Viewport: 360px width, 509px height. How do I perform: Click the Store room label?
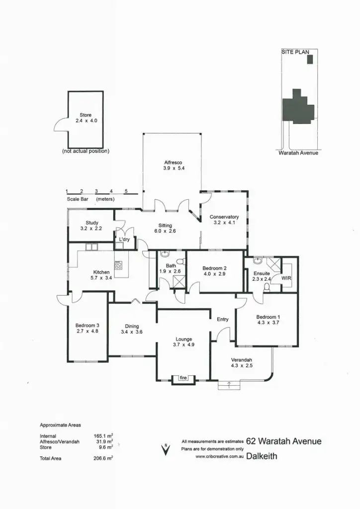[86, 115]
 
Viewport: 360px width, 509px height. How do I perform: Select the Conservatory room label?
[224, 217]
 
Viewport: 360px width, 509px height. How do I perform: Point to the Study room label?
[91, 223]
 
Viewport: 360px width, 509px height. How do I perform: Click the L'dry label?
[124, 240]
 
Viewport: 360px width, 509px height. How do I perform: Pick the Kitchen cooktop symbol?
[118, 265]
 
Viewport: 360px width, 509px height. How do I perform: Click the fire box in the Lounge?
[183, 379]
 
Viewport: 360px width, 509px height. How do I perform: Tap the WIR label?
[286, 279]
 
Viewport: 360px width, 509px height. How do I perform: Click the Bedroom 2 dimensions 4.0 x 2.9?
[214, 274]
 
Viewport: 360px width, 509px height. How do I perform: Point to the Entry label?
[223, 319]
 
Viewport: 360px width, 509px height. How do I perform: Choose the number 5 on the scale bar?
[126, 191]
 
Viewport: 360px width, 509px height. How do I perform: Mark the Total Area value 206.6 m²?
[103, 458]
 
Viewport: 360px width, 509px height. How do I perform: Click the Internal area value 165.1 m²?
[103, 436]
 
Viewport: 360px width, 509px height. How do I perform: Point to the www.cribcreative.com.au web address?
[219, 456]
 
